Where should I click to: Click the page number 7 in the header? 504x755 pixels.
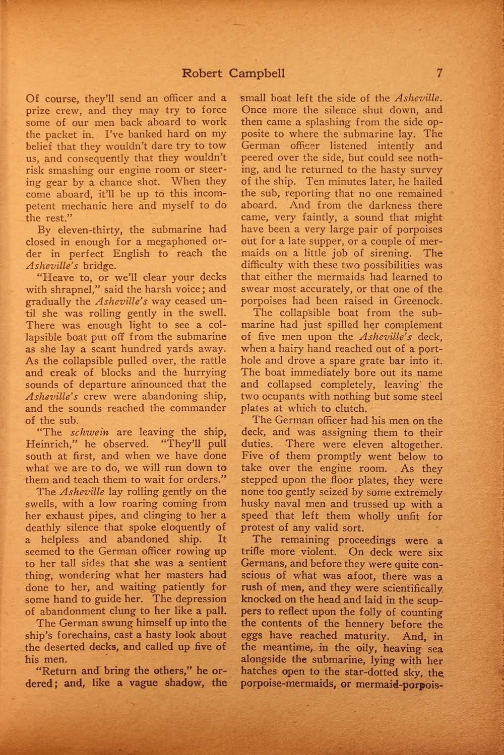439,73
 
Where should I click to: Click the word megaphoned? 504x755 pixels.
174,241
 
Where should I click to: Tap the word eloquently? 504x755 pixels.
184,526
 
